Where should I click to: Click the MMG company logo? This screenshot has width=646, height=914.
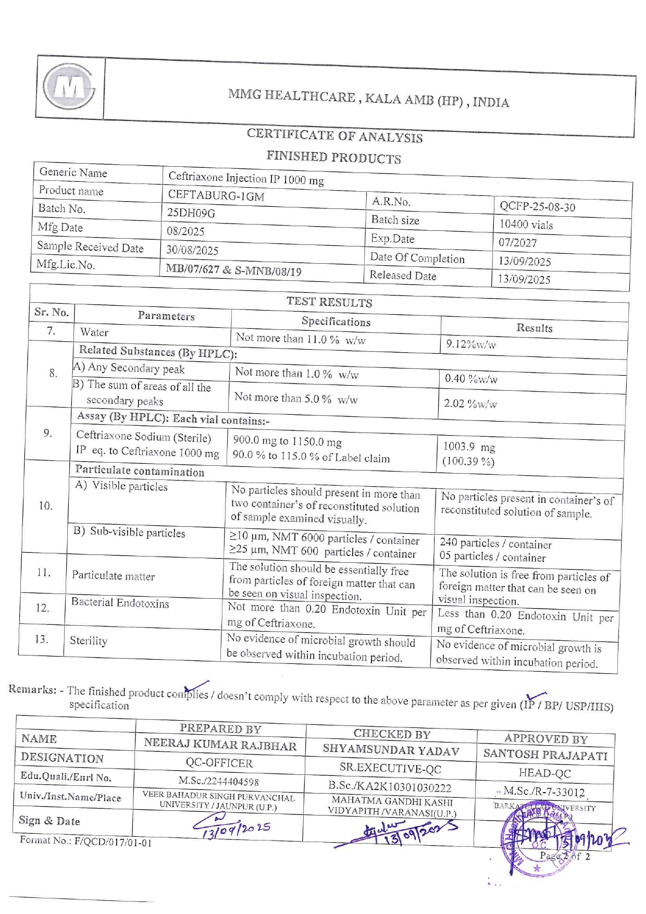tap(69, 87)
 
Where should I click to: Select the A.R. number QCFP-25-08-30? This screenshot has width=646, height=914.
tap(537, 207)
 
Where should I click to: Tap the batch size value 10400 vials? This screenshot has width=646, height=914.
tap(526, 225)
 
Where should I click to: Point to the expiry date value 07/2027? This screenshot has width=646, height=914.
tap(517, 243)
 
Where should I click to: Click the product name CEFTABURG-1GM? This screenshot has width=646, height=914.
tap(216, 196)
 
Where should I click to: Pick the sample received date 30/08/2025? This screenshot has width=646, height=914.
tap(192, 250)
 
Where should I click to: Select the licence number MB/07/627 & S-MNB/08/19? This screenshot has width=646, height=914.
tap(233, 270)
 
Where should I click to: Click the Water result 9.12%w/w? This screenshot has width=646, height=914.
tap(470, 344)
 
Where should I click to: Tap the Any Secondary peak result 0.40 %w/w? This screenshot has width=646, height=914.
tap(471, 379)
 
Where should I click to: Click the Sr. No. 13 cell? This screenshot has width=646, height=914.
tap(41, 639)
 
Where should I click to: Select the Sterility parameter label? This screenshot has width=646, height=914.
tap(89, 640)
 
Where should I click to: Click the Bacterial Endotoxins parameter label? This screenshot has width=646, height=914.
tap(120, 603)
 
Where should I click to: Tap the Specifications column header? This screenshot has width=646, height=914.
tap(336, 322)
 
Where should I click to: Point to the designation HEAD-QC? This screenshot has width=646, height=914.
tap(544, 773)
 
